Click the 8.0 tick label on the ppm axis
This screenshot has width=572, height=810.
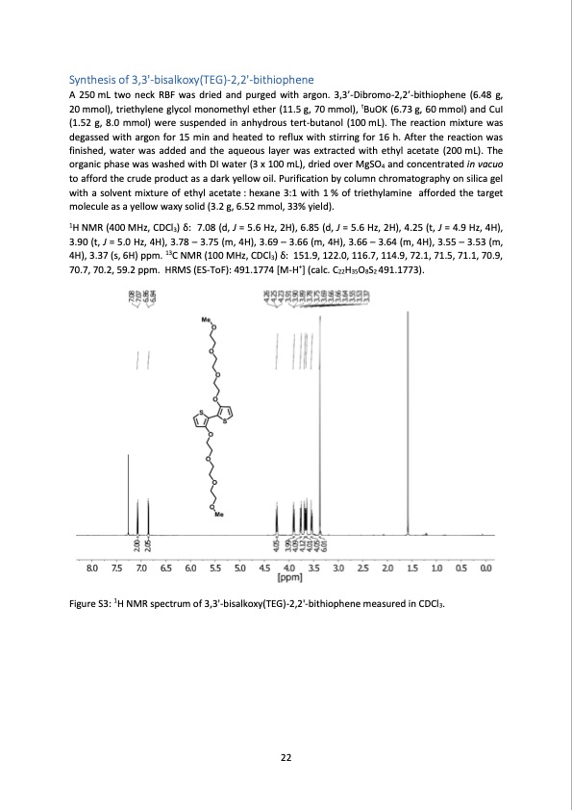coord(91,570)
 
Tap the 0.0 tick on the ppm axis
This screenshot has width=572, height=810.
coord(485,570)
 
